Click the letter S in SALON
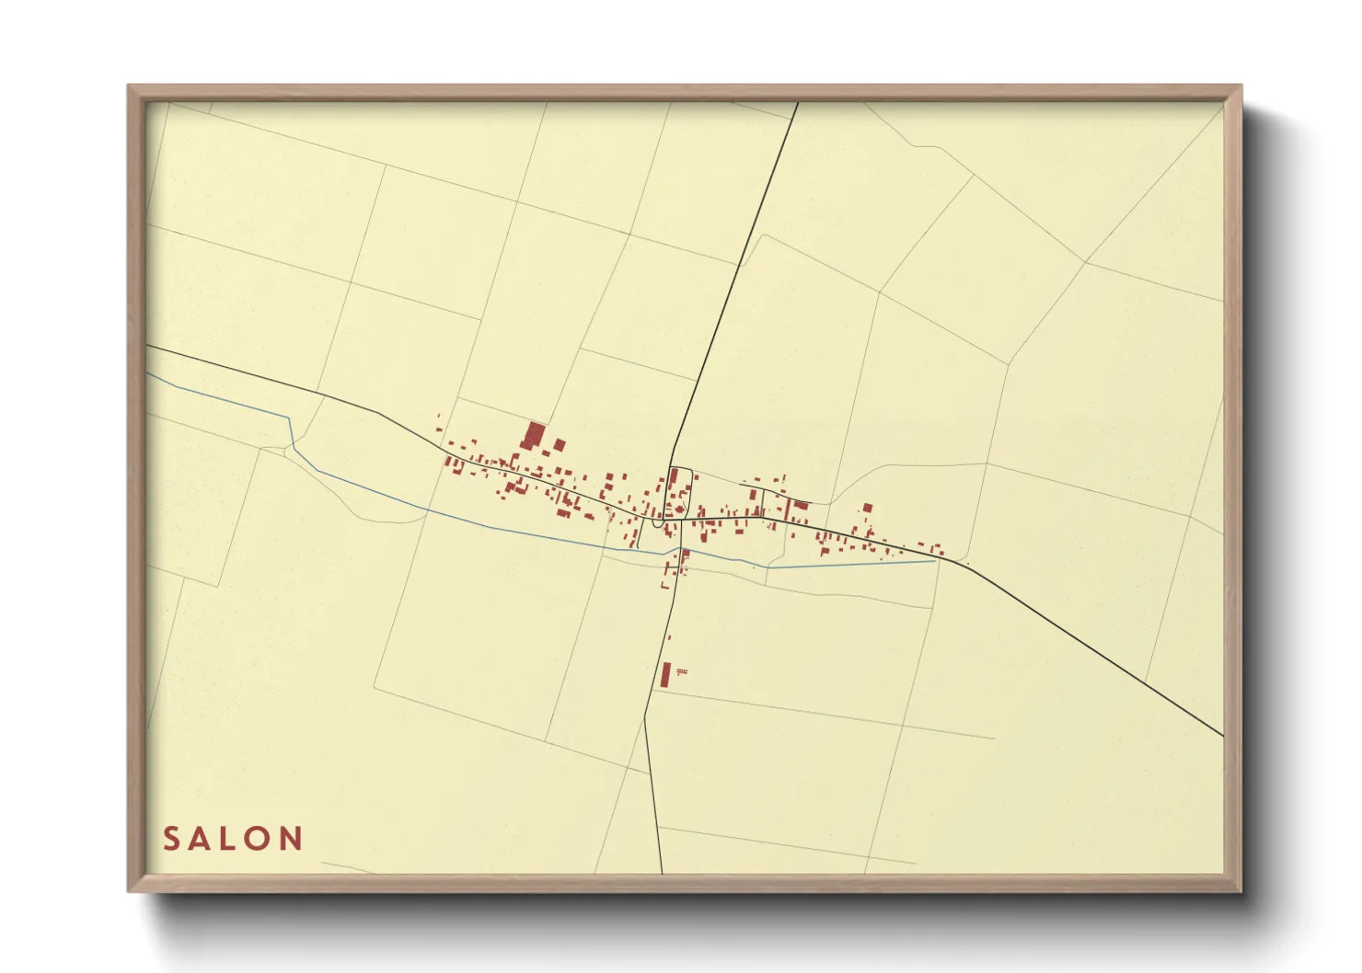[171, 839]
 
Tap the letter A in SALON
[201, 839]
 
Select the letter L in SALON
[230, 839]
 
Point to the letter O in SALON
[259, 839]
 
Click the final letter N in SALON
[292, 839]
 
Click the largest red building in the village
[534, 435]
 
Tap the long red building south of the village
[665, 675]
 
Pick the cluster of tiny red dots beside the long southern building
[682, 672]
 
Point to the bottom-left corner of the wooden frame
[130, 889]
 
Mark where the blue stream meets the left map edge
[148, 373]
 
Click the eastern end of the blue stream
[935, 561]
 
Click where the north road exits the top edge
[797, 103]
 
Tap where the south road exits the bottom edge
[662, 872]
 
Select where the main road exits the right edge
[1223, 735]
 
